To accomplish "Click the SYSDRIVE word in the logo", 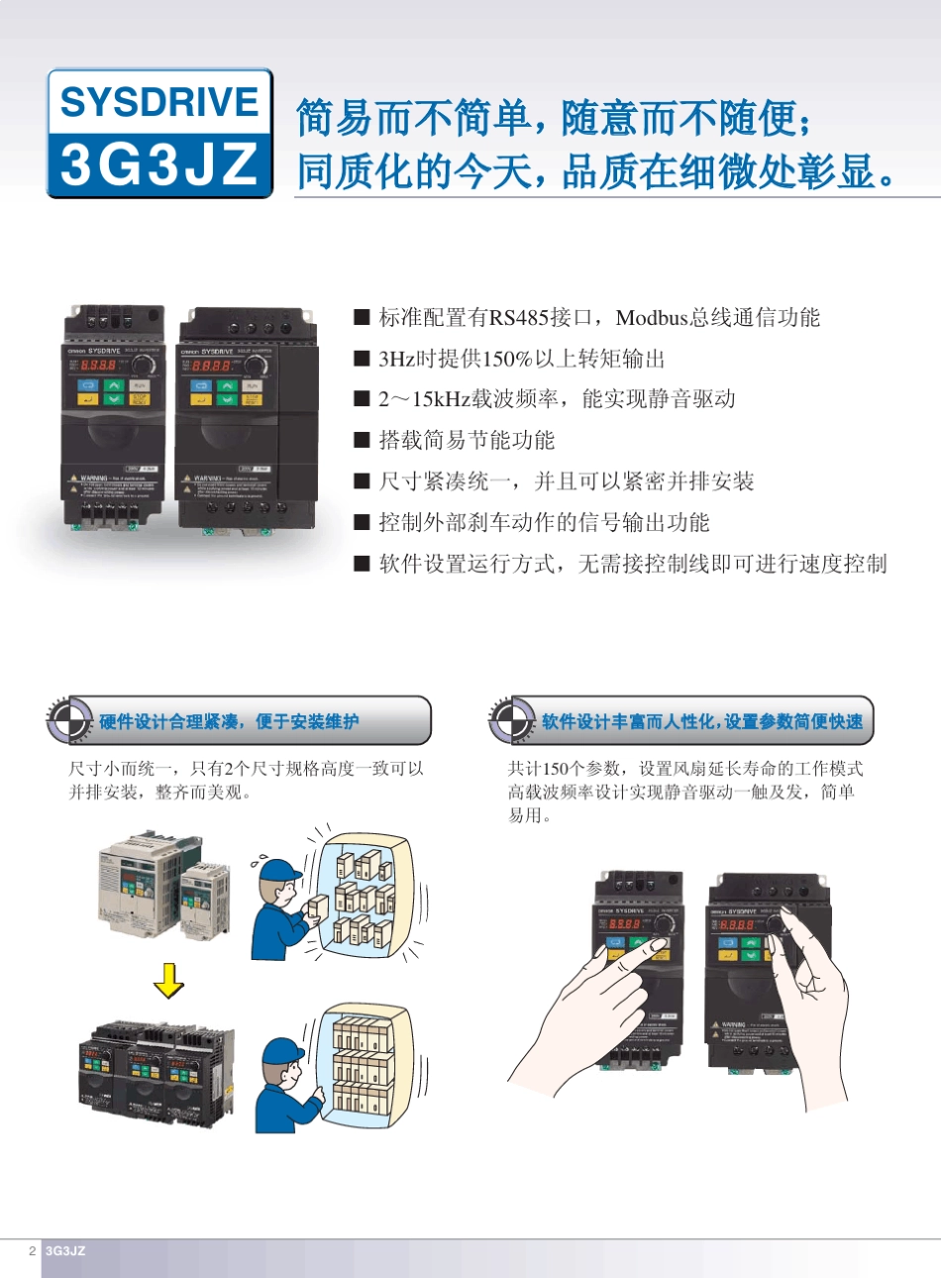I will click(159, 103).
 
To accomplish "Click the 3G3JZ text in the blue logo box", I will click(159, 164).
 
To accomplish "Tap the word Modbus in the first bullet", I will click(652, 318).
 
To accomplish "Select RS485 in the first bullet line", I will click(520, 318).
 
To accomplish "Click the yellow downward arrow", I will click(169, 981).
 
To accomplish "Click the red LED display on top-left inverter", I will click(99, 365).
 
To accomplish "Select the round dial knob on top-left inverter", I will click(145, 365).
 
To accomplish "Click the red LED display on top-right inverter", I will click(211, 366).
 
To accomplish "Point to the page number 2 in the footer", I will click(32, 1251).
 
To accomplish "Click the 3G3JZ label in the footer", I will click(65, 1251).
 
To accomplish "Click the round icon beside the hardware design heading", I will click(69, 720).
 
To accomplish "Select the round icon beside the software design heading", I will click(511, 720).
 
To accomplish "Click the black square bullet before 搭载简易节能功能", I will click(362, 441).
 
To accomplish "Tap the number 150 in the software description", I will click(557, 769).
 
